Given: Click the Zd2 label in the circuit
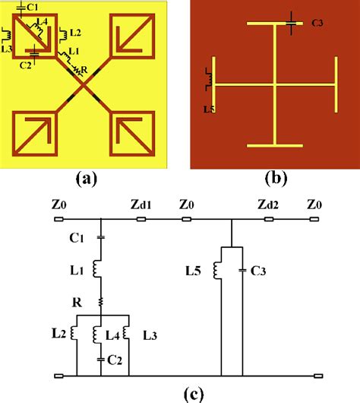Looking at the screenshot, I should pyautogui.click(x=271, y=206).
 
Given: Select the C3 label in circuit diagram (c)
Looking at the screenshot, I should pyautogui.click(x=257, y=270).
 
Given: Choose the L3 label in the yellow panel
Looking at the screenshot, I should pyautogui.click(x=7, y=48).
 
